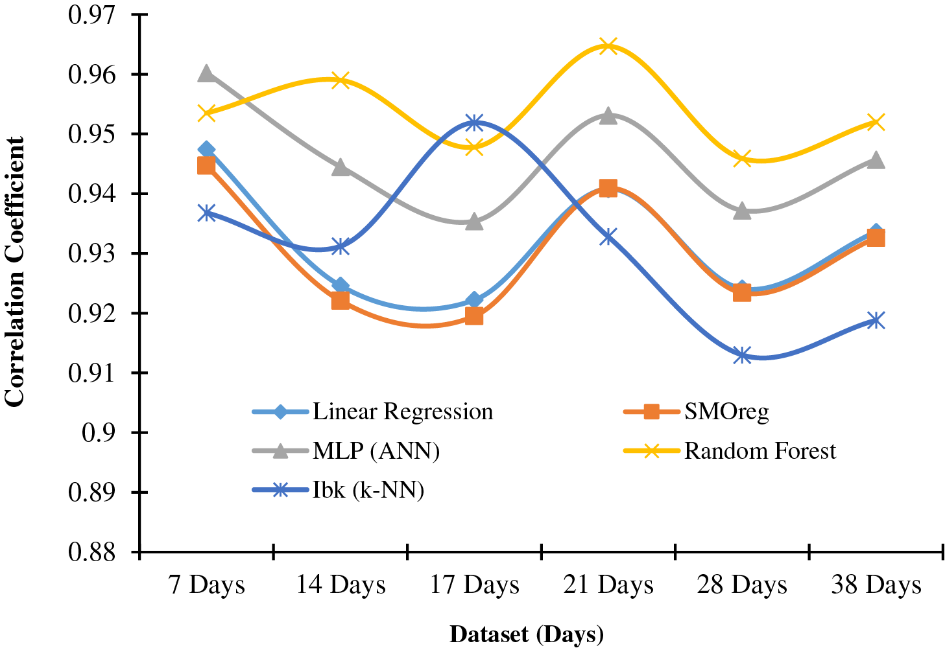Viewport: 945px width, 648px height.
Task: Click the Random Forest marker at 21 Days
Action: point(608,46)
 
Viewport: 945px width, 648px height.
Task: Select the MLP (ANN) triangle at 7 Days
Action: point(206,73)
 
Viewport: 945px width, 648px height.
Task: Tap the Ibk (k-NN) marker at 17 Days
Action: point(474,122)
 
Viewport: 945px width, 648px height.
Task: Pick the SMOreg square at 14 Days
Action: point(341,300)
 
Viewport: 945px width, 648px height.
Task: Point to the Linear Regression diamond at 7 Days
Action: point(206,150)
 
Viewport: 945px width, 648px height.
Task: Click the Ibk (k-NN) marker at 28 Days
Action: point(742,355)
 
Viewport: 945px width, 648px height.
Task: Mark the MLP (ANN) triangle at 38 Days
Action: point(876,159)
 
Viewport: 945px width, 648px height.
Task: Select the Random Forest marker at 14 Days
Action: point(341,81)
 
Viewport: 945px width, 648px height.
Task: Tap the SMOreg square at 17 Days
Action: point(474,316)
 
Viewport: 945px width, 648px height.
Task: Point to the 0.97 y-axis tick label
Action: point(98,14)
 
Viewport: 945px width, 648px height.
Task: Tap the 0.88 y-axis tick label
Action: point(98,552)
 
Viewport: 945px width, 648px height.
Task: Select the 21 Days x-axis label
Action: point(608,585)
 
